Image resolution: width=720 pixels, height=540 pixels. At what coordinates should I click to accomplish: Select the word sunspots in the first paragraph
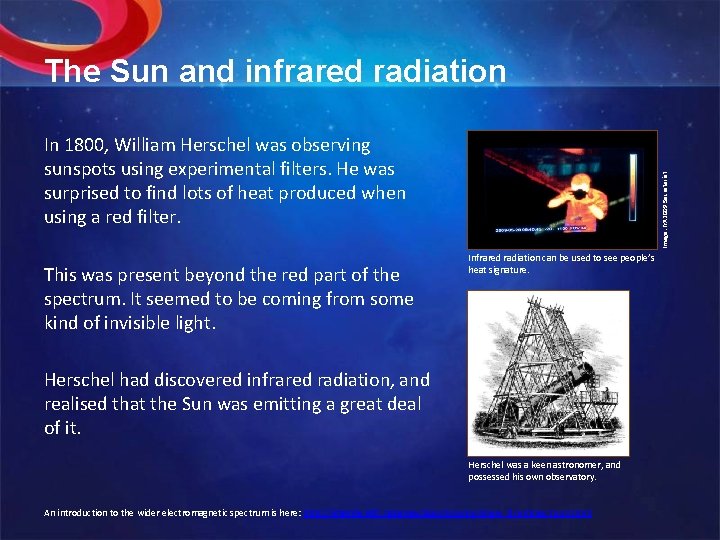click(x=84, y=169)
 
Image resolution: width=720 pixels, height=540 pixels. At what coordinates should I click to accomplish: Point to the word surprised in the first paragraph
click(x=85, y=192)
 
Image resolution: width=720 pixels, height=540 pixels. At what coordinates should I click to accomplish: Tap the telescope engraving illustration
click(x=548, y=372)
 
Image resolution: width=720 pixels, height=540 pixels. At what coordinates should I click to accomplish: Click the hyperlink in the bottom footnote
click(x=454, y=514)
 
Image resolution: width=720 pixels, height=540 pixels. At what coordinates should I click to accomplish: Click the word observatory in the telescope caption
click(x=566, y=477)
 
